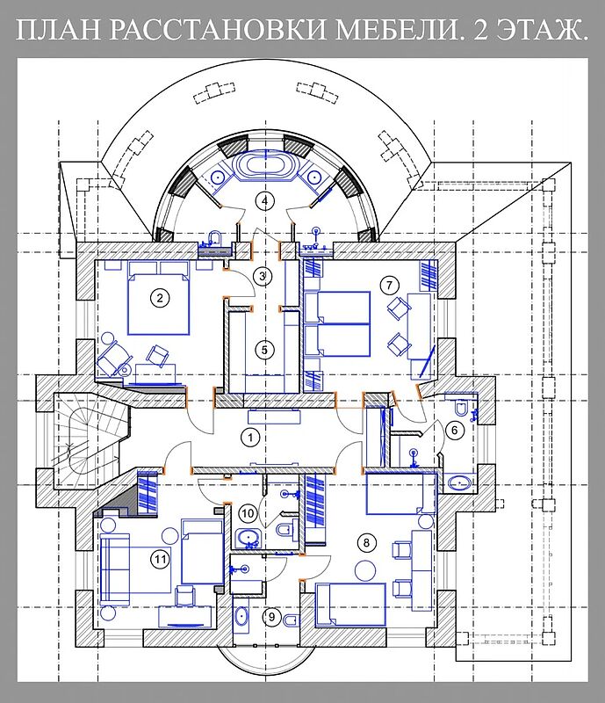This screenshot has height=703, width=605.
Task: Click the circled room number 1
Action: point(250,437)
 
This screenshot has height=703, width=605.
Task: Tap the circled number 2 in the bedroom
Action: point(160,297)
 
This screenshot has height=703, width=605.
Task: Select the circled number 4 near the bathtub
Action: point(265,200)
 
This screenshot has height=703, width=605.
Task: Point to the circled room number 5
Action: point(264,350)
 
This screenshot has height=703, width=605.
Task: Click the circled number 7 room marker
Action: point(389,285)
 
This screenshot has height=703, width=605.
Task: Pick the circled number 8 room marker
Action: point(366,543)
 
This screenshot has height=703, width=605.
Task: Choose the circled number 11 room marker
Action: point(160,559)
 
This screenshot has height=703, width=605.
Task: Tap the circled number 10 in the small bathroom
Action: point(248,513)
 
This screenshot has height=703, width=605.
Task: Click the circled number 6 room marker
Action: point(455,431)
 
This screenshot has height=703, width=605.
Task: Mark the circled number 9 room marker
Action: point(271,617)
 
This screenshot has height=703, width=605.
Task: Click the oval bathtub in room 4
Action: point(266,166)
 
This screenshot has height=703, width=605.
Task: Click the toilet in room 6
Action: point(460,408)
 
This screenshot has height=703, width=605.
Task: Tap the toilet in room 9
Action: point(291,620)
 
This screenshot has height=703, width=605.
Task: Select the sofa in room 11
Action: point(115,569)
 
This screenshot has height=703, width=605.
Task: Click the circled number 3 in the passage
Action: point(263,276)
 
